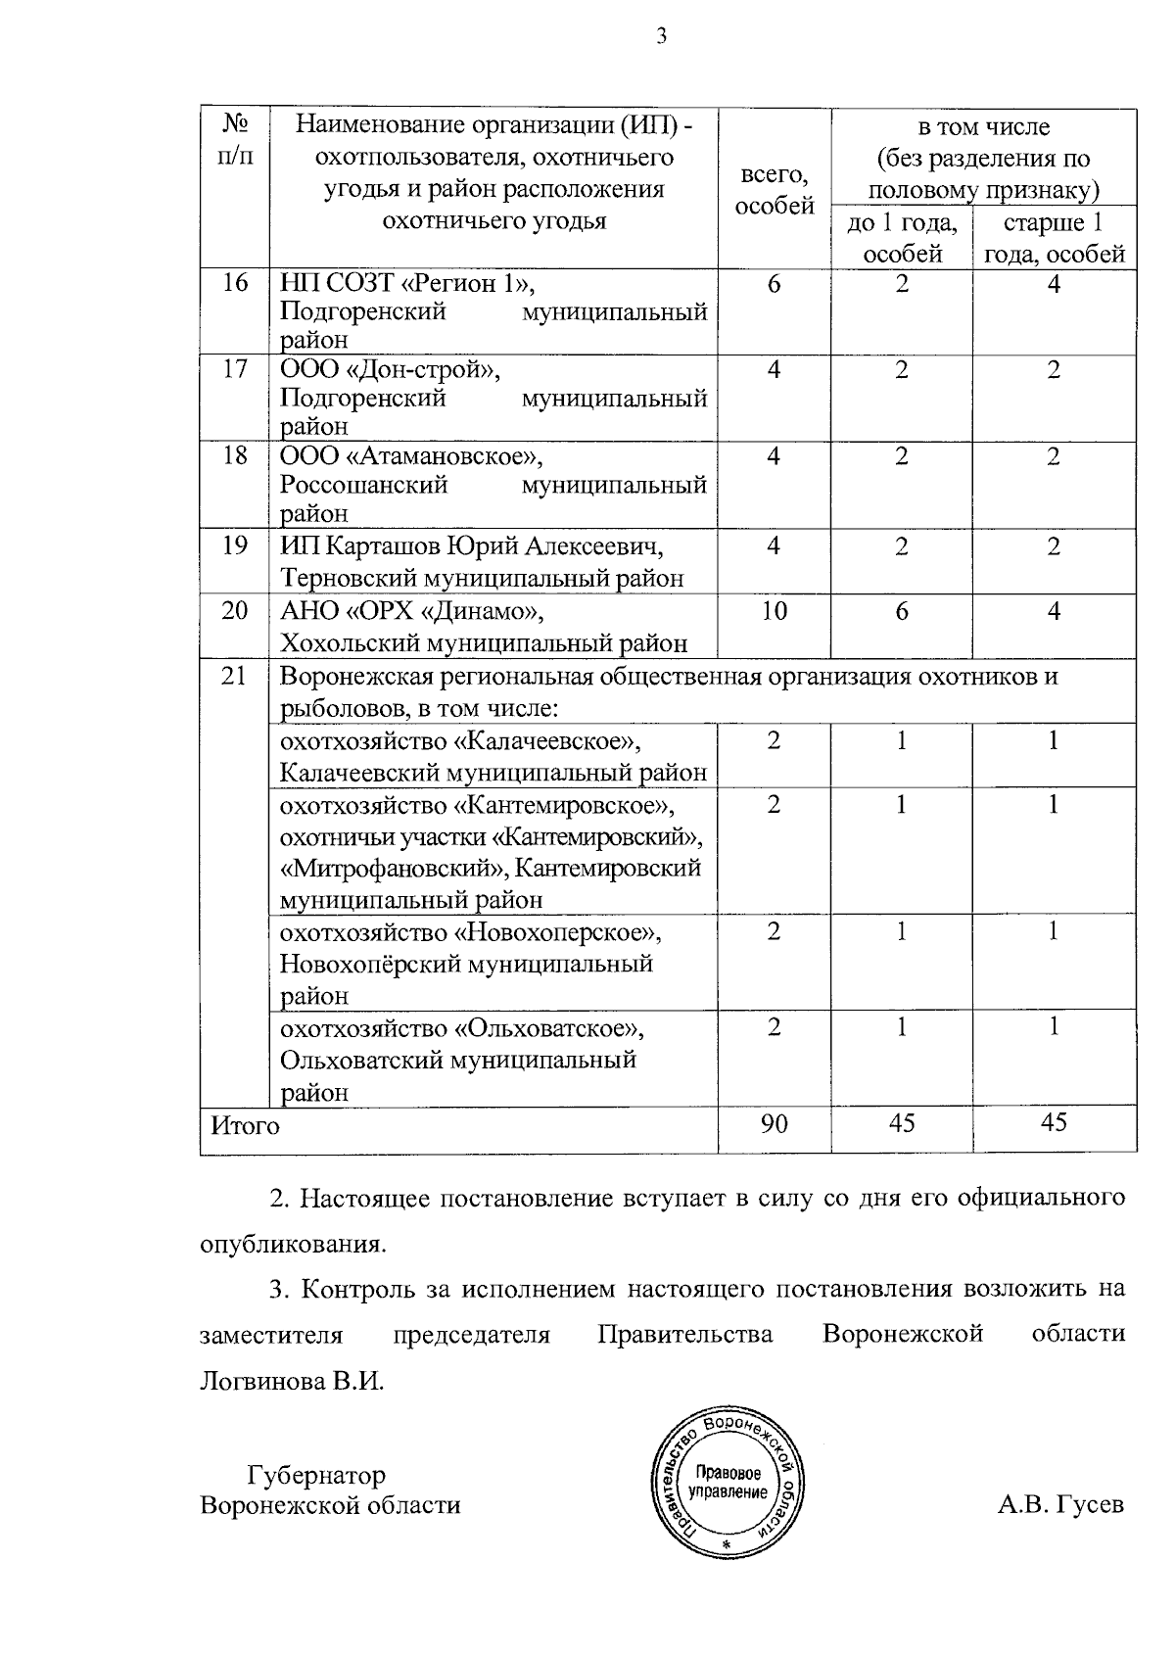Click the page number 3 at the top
[661, 38]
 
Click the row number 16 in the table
[235, 284]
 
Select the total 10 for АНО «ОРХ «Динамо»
[774, 611]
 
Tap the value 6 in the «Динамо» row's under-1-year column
[901, 611]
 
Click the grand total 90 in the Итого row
[774, 1123]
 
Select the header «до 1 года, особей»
[902, 238]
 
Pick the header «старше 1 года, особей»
[1054, 238]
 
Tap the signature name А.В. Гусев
[1060, 1504]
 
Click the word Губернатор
[316, 1475]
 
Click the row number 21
[235, 676]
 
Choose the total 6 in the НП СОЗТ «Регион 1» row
[774, 284]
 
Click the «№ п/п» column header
[235, 141]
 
